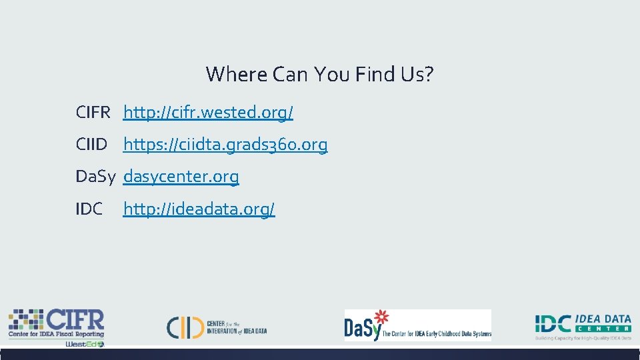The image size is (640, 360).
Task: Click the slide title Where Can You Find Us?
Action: point(320,74)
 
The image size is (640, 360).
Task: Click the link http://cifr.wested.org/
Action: point(208,113)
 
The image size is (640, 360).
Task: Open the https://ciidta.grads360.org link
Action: point(225,145)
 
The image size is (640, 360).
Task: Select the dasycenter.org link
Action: point(181,177)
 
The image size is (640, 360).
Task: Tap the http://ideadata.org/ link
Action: point(199,209)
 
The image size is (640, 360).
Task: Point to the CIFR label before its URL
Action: point(93,113)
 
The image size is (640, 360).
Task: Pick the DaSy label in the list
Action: point(96,177)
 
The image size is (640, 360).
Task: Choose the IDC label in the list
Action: point(89,209)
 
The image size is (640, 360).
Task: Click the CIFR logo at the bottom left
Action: point(57,325)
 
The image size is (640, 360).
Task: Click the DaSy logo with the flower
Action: point(417,325)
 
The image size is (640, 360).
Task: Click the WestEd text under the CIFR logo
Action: point(83,344)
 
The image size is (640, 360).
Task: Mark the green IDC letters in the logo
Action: point(553,324)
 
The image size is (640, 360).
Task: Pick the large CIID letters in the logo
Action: point(185,327)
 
